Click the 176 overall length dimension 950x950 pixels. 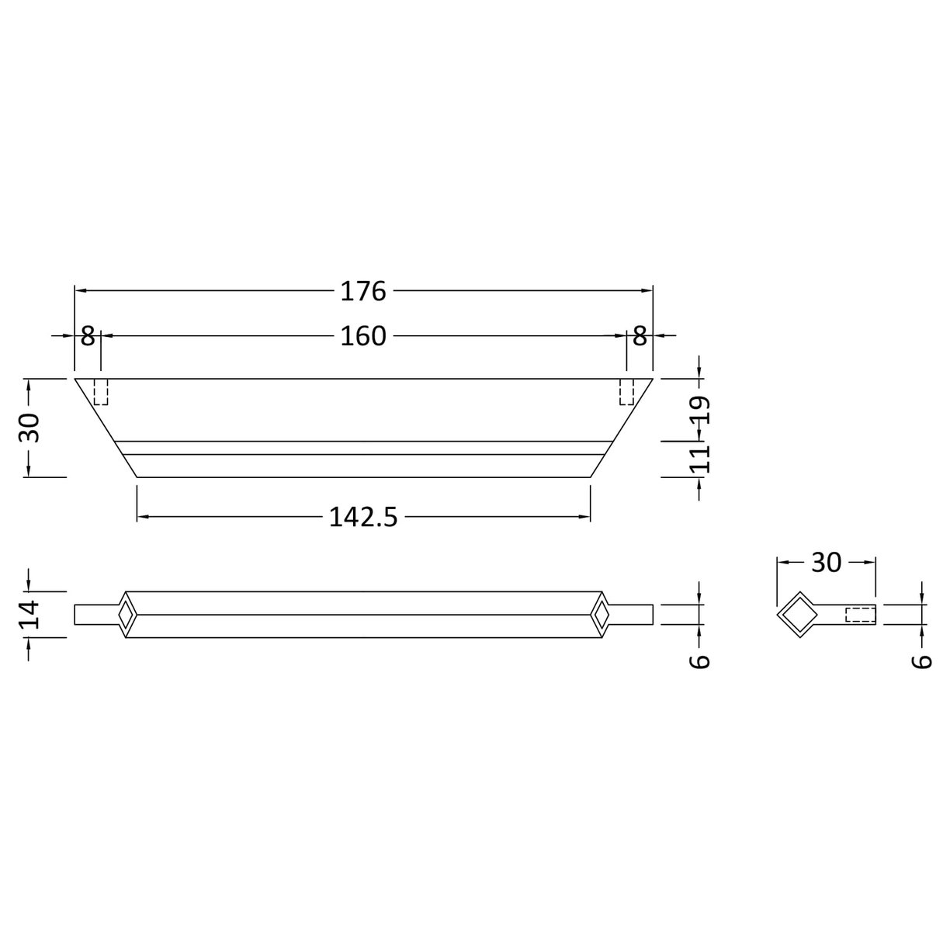tap(363, 291)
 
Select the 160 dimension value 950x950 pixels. tap(363, 336)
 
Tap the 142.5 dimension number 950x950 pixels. tap(363, 517)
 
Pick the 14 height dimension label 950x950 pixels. tap(29, 614)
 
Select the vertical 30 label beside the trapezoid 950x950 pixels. tap(29, 428)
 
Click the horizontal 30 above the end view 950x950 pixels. tap(826, 563)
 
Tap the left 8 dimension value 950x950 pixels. tap(87, 336)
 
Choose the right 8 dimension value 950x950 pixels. tap(640, 336)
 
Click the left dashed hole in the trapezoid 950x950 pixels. tap(101, 392)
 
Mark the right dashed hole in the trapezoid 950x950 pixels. tap(626, 392)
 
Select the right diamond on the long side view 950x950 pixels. tap(601, 615)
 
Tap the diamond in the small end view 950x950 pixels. tap(797, 615)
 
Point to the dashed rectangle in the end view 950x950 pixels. tap(860, 615)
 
